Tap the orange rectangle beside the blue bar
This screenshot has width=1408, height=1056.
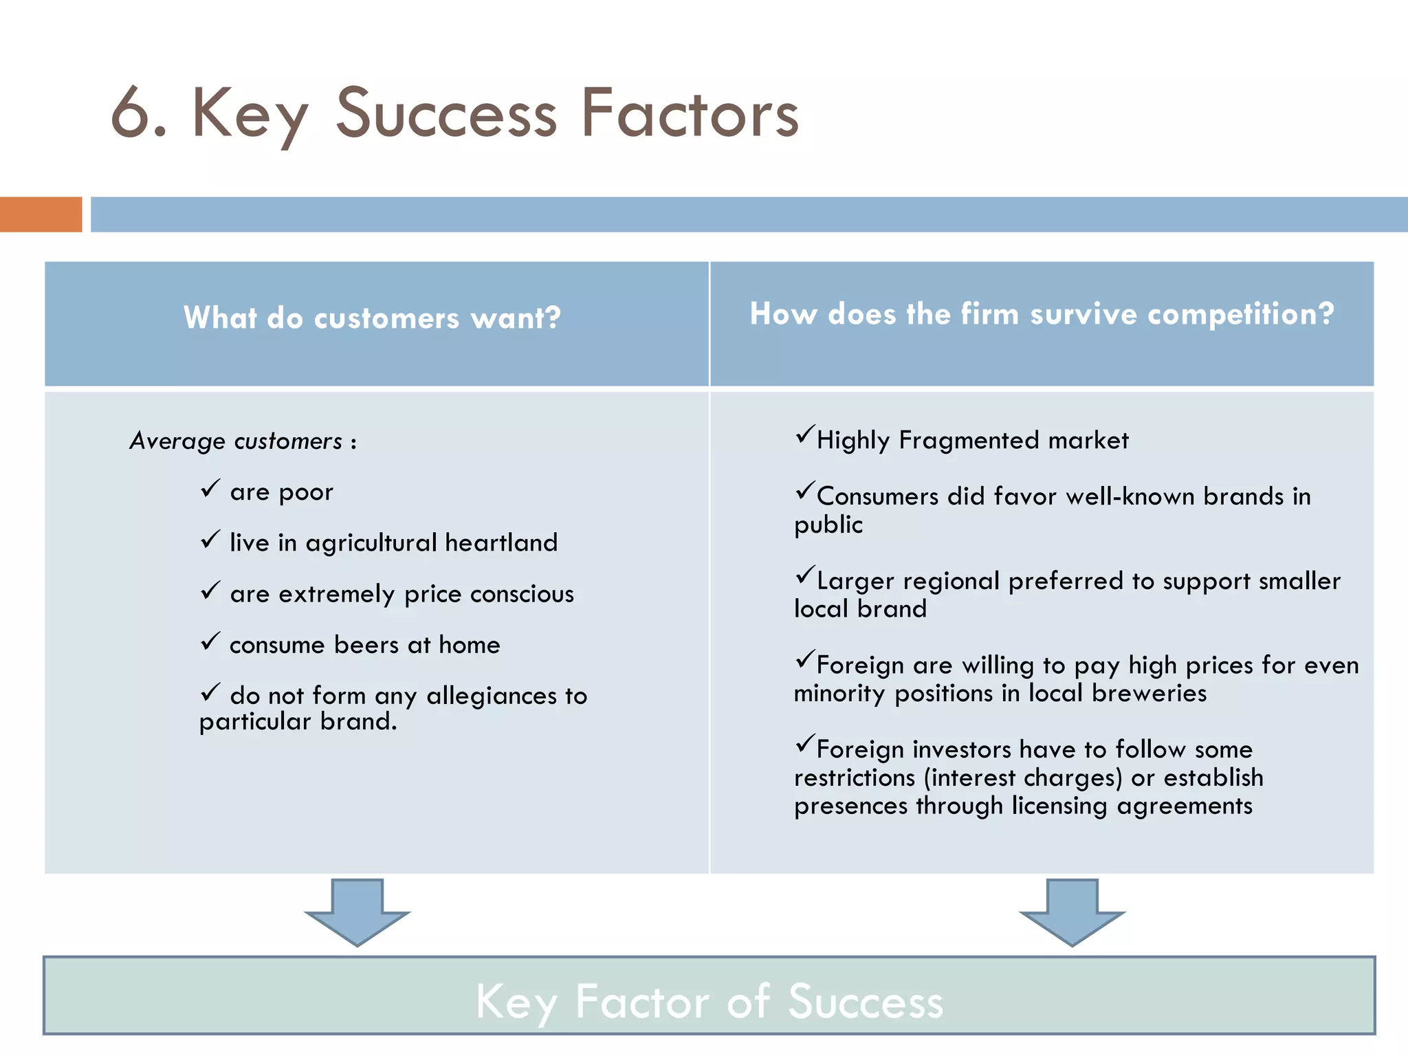[x=41, y=214]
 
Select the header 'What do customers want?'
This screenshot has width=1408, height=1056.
[x=372, y=318]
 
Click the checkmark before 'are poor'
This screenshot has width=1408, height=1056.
[x=210, y=489]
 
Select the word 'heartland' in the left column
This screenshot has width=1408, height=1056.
[x=501, y=542]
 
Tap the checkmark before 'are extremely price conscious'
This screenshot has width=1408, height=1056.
[x=210, y=591]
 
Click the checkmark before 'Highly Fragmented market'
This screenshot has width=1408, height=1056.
[x=805, y=435]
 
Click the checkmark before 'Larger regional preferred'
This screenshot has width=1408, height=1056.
[x=805, y=575]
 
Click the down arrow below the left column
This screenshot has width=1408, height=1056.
[x=357, y=912]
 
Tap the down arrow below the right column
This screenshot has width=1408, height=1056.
[x=1072, y=912]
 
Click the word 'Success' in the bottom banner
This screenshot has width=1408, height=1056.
[x=866, y=1002]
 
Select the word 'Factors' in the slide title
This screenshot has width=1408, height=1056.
[x=690, y=113]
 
